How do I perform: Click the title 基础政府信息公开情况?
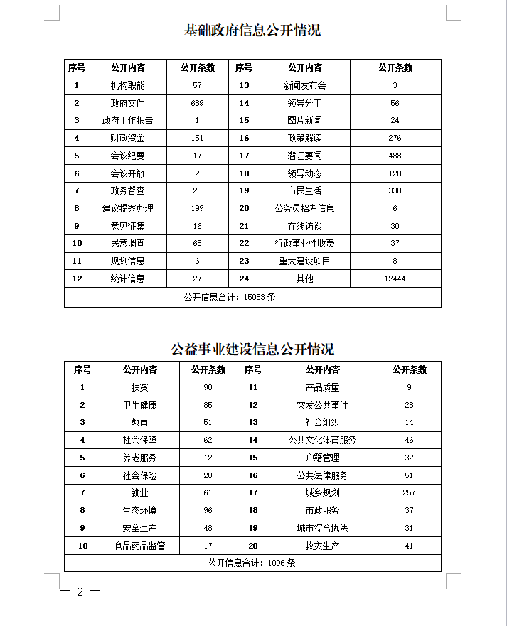[252, 31]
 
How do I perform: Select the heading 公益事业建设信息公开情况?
[252, 349]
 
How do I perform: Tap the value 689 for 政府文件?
[197, 103]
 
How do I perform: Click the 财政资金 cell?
[127, 138]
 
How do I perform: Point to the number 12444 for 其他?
[395, 279]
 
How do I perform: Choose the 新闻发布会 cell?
[304, 85]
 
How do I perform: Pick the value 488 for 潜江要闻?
[395, 156]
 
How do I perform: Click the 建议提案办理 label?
[127, 208]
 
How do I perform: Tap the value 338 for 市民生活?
[395, 190]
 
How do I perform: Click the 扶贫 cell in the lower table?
[139, 387]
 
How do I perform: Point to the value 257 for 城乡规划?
[409, 492]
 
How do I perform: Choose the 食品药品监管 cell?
[139, 546]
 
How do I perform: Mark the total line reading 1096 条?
[252, 563]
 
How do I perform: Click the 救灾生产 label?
[322, 546]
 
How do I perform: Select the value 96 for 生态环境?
[208, 510]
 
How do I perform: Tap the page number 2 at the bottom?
[80, 593]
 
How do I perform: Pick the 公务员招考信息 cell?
[304, 208]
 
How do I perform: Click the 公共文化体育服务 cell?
[322, 440]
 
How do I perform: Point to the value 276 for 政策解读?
[395, 138]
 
